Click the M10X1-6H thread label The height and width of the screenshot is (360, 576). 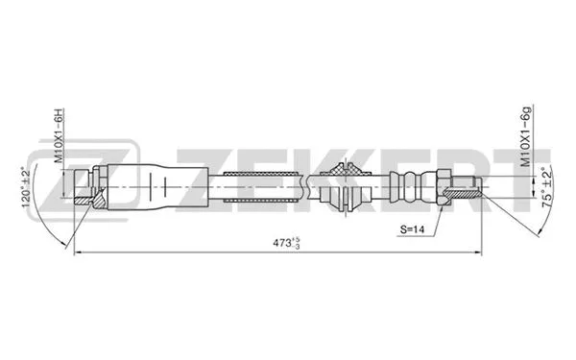point(59,137)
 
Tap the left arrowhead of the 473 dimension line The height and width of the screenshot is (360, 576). point(78,252)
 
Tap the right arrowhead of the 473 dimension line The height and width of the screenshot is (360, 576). point(480,252)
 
